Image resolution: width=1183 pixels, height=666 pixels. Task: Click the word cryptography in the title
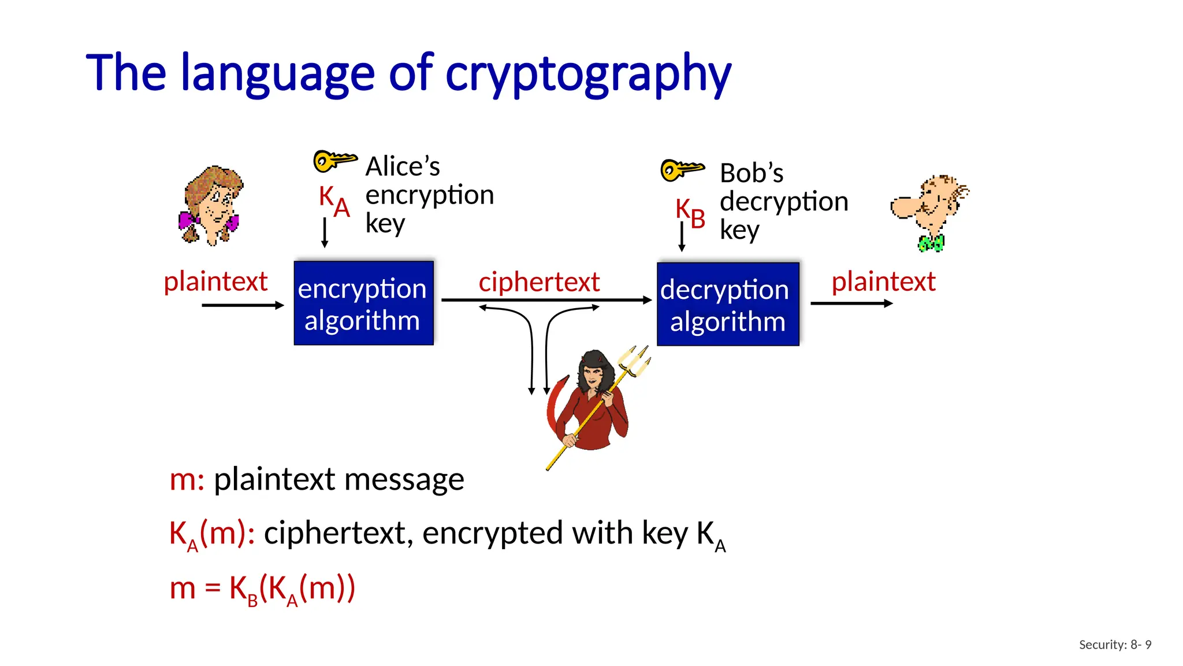click(x=587, y=74)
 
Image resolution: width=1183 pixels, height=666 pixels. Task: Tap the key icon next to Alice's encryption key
click(x=334, y=160)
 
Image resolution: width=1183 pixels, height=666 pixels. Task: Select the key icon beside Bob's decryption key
click(x=682, y=169)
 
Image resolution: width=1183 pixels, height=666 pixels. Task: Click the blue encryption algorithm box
click(x=363, y=303)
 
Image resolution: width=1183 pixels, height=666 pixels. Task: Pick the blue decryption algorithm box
click(x=727, y=304)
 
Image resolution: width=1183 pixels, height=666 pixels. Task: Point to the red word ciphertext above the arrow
click(x=539, y=282)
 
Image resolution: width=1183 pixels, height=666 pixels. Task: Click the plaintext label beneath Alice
click(x=215, y=282)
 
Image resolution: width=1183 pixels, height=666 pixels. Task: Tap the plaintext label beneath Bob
click(x=883, y=282)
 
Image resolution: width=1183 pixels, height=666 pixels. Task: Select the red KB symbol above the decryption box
click(x=690, y=213)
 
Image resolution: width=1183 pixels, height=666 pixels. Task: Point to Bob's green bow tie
click(x=931, y=243)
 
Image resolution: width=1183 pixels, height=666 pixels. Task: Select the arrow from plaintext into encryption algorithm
click(x=243, y=305)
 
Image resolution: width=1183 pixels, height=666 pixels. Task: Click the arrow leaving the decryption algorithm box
click(x=851, y=303)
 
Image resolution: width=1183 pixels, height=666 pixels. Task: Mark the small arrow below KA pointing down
click(x=325, y=232)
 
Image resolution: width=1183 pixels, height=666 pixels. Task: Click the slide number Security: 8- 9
click(x=1115, y=645)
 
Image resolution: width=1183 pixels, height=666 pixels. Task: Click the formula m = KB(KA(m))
click(x=262, y=589)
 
